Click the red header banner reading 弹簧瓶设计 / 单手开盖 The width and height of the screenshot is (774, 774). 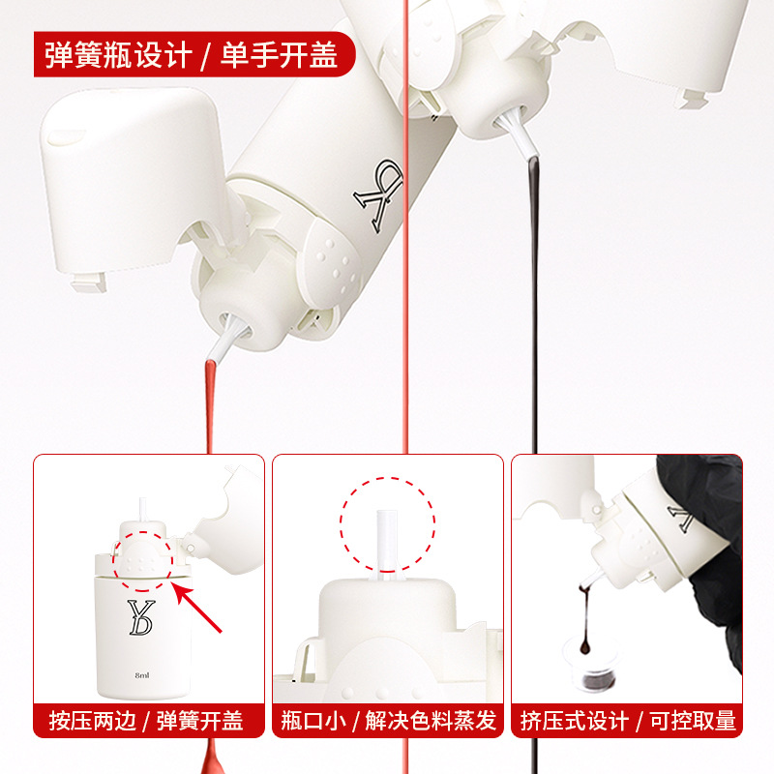(194, 54)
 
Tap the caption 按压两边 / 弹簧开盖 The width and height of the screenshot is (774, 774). (147, 721)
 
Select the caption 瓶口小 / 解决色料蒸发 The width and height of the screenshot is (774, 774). (389, 721)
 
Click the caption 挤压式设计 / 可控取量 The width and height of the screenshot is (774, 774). (628, 721)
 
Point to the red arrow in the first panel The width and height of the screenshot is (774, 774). (198, 608)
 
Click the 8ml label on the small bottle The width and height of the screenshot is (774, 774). (142, 675)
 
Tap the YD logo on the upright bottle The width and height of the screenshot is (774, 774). (140, 617)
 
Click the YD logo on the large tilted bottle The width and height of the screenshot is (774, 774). (378, 195)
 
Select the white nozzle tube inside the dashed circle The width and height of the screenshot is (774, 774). (387, 542)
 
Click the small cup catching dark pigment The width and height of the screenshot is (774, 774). (592, 665)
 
